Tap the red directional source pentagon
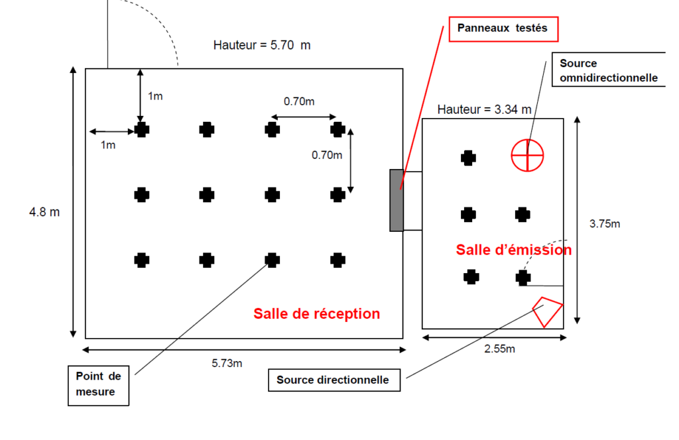click(548, 311)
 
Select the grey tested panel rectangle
click(397, 200)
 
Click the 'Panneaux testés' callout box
click(503, 29)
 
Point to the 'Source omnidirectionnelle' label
click(609, 70)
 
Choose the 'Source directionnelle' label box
click(334, 380)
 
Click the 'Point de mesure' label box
click(98, 386)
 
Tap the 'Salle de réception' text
click(316, 313)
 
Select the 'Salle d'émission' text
click(514, 250)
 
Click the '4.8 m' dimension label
click(44, 212)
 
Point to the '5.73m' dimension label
click(227, 363)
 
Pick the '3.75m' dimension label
click(605, 224)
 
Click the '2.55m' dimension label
click(500, 349)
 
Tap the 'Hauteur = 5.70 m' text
click(262, 45)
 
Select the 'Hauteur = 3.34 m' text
click(484, 109)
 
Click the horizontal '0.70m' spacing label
click(299, 101)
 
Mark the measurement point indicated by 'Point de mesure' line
click(272, 260)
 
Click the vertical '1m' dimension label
click(155, 96)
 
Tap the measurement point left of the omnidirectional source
click(468, 158)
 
